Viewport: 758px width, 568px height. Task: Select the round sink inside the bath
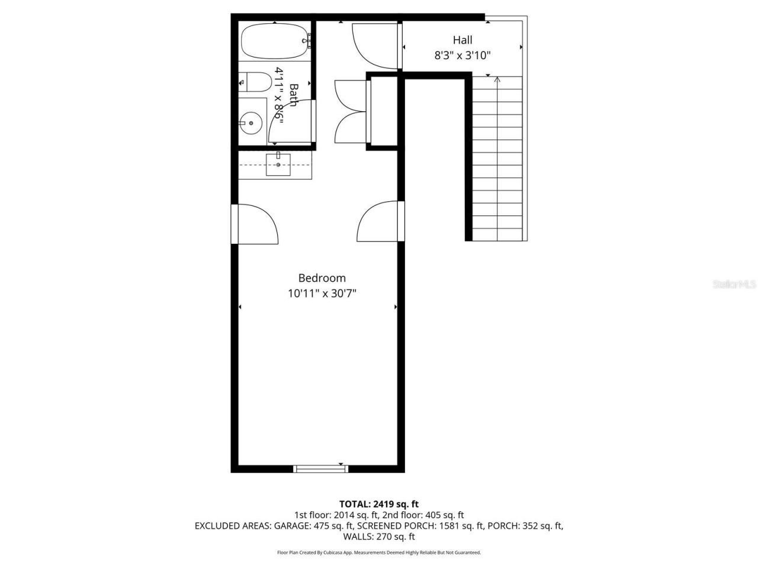click(252, 123)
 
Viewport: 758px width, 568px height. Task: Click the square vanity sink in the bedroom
click(278, 164)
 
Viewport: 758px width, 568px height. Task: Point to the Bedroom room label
click(322, 278)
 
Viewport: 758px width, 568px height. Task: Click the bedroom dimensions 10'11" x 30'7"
click(322, 293)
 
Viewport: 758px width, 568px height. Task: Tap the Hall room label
click(462, 40)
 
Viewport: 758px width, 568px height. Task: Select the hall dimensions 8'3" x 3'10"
click(462, 56)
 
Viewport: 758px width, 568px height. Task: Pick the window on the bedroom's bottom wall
click(320, 469)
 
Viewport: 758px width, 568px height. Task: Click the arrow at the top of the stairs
click(497, 79)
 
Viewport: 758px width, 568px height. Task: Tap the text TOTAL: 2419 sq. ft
click(378, 504)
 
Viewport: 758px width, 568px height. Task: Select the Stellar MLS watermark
click(734, 285)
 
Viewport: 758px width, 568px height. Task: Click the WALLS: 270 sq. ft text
click(378, 537)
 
